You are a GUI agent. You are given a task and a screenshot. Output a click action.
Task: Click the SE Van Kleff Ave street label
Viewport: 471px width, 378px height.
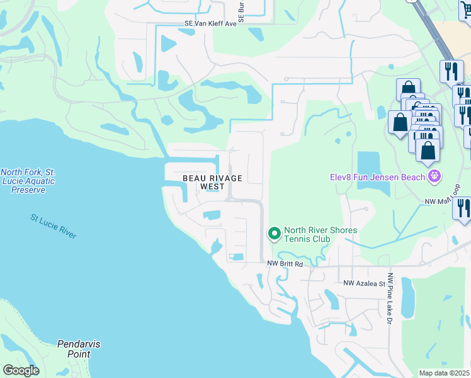[x=210, y=23]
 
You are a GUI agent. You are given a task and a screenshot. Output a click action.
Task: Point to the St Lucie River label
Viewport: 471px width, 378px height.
[x=54, y=226]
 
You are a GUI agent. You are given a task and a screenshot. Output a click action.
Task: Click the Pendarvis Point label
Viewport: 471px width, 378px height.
[x=79, y=349]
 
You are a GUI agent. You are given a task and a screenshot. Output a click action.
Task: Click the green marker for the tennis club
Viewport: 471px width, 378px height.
[x=274, y=234]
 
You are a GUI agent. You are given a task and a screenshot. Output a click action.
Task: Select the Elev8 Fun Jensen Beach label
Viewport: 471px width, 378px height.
[x=377, y=177]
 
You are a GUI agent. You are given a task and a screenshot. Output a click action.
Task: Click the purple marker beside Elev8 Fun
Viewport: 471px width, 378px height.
[x=433, y=176]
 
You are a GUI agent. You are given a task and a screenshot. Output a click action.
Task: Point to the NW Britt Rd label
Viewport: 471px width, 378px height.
[x=285, y=265]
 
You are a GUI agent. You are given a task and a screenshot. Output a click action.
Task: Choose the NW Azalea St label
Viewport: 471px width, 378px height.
[x=364, y=283]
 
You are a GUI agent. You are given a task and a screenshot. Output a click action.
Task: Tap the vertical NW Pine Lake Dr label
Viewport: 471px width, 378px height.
[x=390, y=299]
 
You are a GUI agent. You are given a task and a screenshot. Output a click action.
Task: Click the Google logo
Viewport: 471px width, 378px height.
[x=21, y=370]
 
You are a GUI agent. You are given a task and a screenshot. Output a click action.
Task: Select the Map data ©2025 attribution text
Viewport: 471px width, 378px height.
[x=444, y=373]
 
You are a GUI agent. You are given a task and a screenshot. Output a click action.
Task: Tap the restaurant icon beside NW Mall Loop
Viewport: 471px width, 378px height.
[x=463, y=209]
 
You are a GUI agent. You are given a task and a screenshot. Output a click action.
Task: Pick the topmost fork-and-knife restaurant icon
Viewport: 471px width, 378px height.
[x=450, y=71]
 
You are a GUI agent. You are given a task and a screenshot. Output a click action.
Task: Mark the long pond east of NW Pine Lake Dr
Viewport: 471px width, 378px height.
[x=408, y=297]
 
